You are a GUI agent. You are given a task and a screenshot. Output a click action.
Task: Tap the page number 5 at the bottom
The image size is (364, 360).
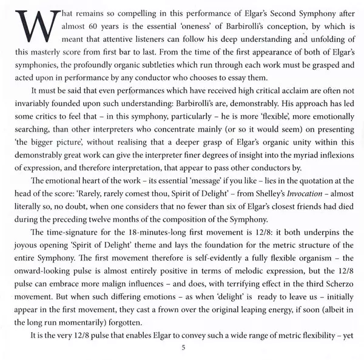tap(183, 348)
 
